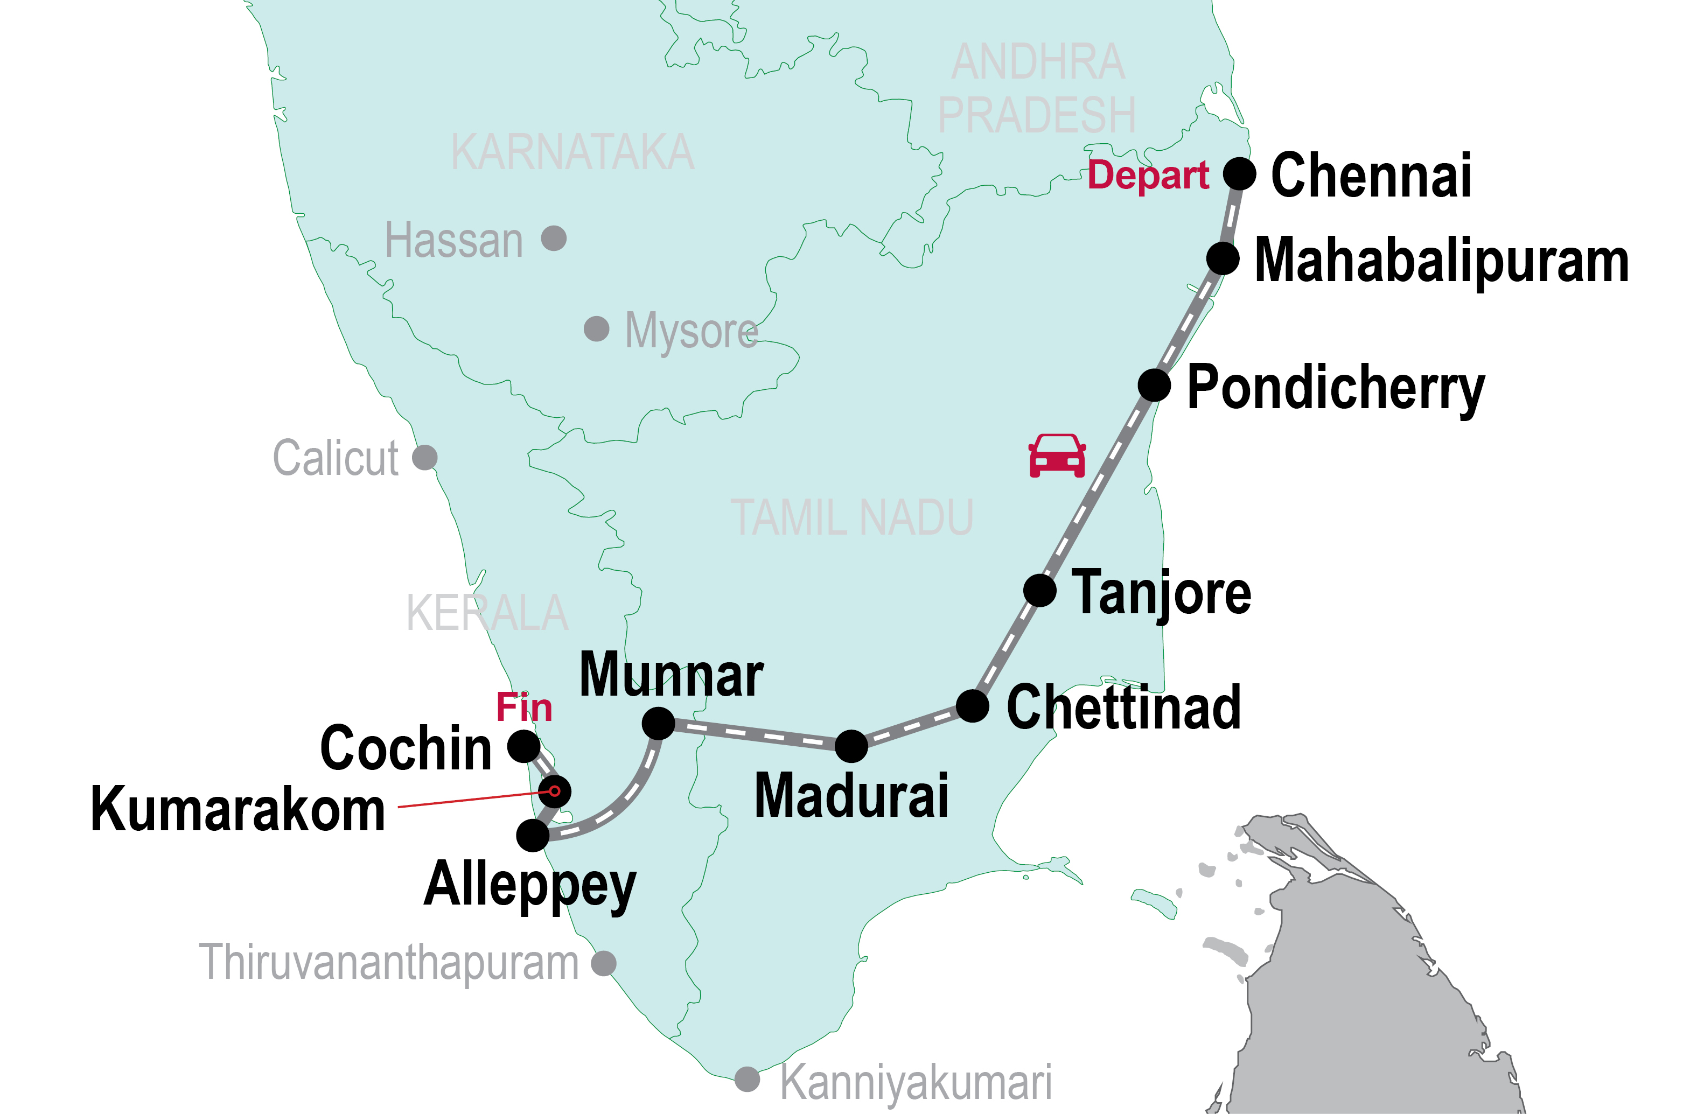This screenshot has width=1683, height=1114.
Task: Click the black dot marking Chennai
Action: click(1240, 173)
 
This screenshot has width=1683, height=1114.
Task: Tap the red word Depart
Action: click(1148, 175)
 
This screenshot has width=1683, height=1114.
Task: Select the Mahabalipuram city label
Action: click(1441, 261)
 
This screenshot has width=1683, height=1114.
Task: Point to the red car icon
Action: click(1057, 456)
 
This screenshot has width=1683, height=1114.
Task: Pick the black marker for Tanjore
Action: click(1040, 591)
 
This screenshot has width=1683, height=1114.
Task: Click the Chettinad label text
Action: click(1124, 707)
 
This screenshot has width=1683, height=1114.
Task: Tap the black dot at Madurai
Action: click(851, 746)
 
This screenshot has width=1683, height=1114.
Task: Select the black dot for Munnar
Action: click(659, 723)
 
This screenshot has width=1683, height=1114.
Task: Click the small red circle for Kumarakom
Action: click(555, 791)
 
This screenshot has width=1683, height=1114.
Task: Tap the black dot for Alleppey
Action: click(533, 836)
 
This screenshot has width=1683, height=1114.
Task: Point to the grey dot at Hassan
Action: click(554, 238)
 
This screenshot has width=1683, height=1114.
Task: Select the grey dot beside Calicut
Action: click(425, 458)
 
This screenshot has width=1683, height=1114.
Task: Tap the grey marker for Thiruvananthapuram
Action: click(604, 963)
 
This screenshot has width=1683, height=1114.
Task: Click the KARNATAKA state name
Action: click(572, 152)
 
